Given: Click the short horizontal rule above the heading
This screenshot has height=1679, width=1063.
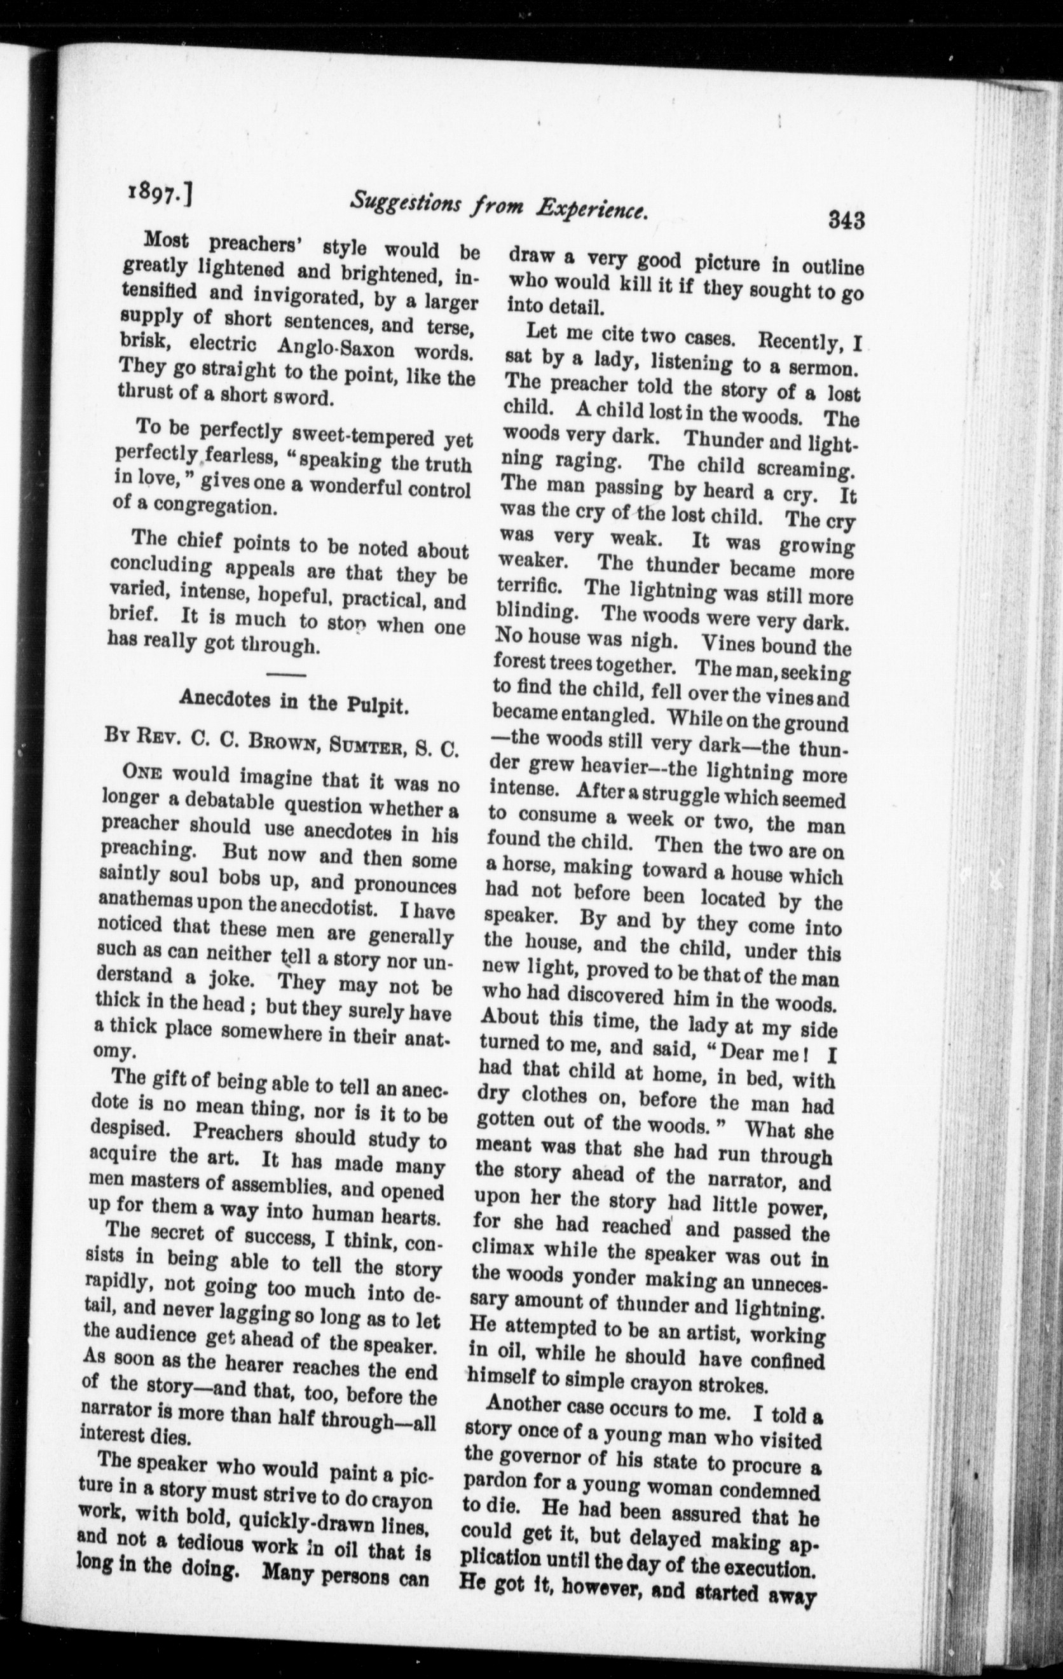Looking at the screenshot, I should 286,674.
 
